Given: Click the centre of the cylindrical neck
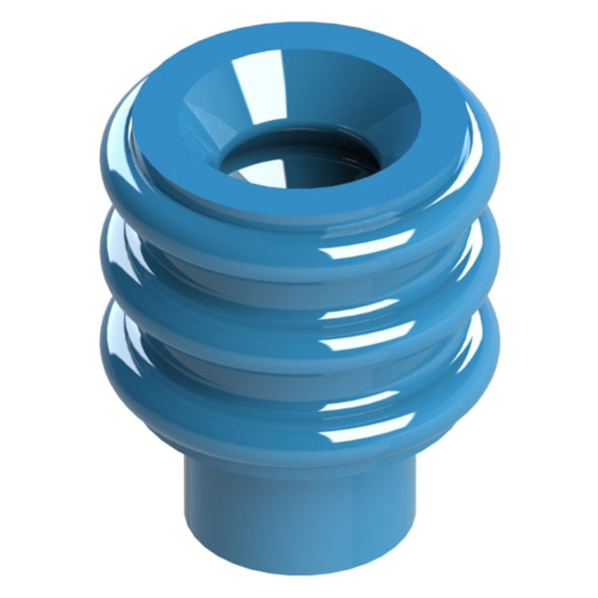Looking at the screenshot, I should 299,514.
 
